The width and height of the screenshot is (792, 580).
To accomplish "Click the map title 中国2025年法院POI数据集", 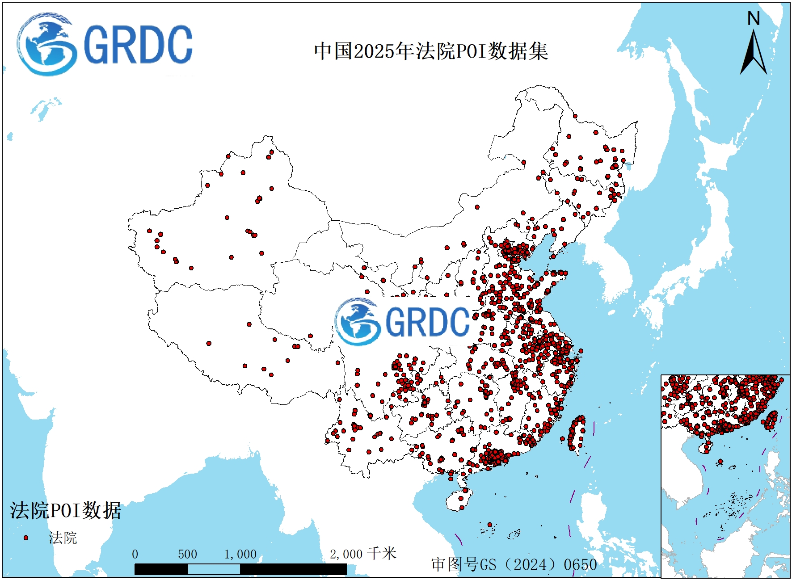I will click(x=431, y=51).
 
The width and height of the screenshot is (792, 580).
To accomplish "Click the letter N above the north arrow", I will click(x=754, y=19).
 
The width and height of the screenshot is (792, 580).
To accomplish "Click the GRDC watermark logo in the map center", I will click(x=402, y=322).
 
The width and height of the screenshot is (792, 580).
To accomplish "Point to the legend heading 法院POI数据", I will click(x=66, y=510).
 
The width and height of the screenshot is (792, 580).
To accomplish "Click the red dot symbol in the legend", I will click(x=26, y=538).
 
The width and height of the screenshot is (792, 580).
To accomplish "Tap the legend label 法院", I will click(x=63, y=538).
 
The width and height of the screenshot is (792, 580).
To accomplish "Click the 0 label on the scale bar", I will click(x=135, y=555).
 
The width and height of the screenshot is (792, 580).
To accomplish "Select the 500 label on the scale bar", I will click(x=187, y=555).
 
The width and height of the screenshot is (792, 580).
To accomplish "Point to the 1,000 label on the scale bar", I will click(x=240, y=555).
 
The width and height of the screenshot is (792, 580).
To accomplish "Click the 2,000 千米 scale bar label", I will click(x=362, y=554).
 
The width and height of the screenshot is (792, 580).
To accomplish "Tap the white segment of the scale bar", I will click(x=214, y=569).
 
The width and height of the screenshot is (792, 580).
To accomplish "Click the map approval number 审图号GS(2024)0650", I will click(x=514, y=564).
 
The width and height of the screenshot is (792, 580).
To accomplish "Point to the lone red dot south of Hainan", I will click(x=490, y=525).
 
